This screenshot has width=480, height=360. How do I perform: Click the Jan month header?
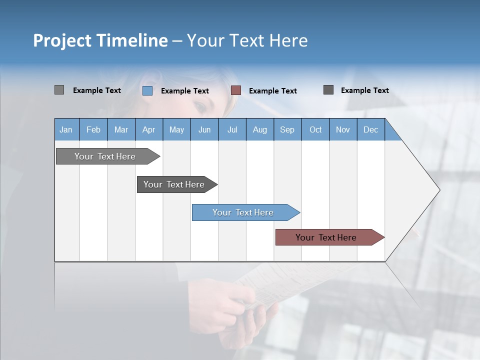(66, 129)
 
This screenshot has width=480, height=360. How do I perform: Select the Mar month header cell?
(121, 129)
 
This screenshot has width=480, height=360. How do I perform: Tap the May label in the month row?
(176, 129)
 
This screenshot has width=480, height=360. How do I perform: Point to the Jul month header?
(232, 129)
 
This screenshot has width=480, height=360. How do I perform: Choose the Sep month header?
(287, 129)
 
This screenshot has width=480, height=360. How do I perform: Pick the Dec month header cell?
(370, 129)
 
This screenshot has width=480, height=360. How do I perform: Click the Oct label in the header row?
(315, 129)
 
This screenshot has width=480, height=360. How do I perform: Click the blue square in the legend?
(147, 90)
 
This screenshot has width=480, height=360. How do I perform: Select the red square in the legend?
(236, 90)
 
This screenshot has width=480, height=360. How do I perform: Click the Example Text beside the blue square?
(185, 91)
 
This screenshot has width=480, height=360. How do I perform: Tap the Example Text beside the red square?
(273, 91)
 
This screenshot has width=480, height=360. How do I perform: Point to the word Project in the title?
(62, 40)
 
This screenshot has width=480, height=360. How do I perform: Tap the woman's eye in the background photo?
(199, 107)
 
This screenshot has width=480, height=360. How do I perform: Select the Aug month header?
(259, 129)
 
